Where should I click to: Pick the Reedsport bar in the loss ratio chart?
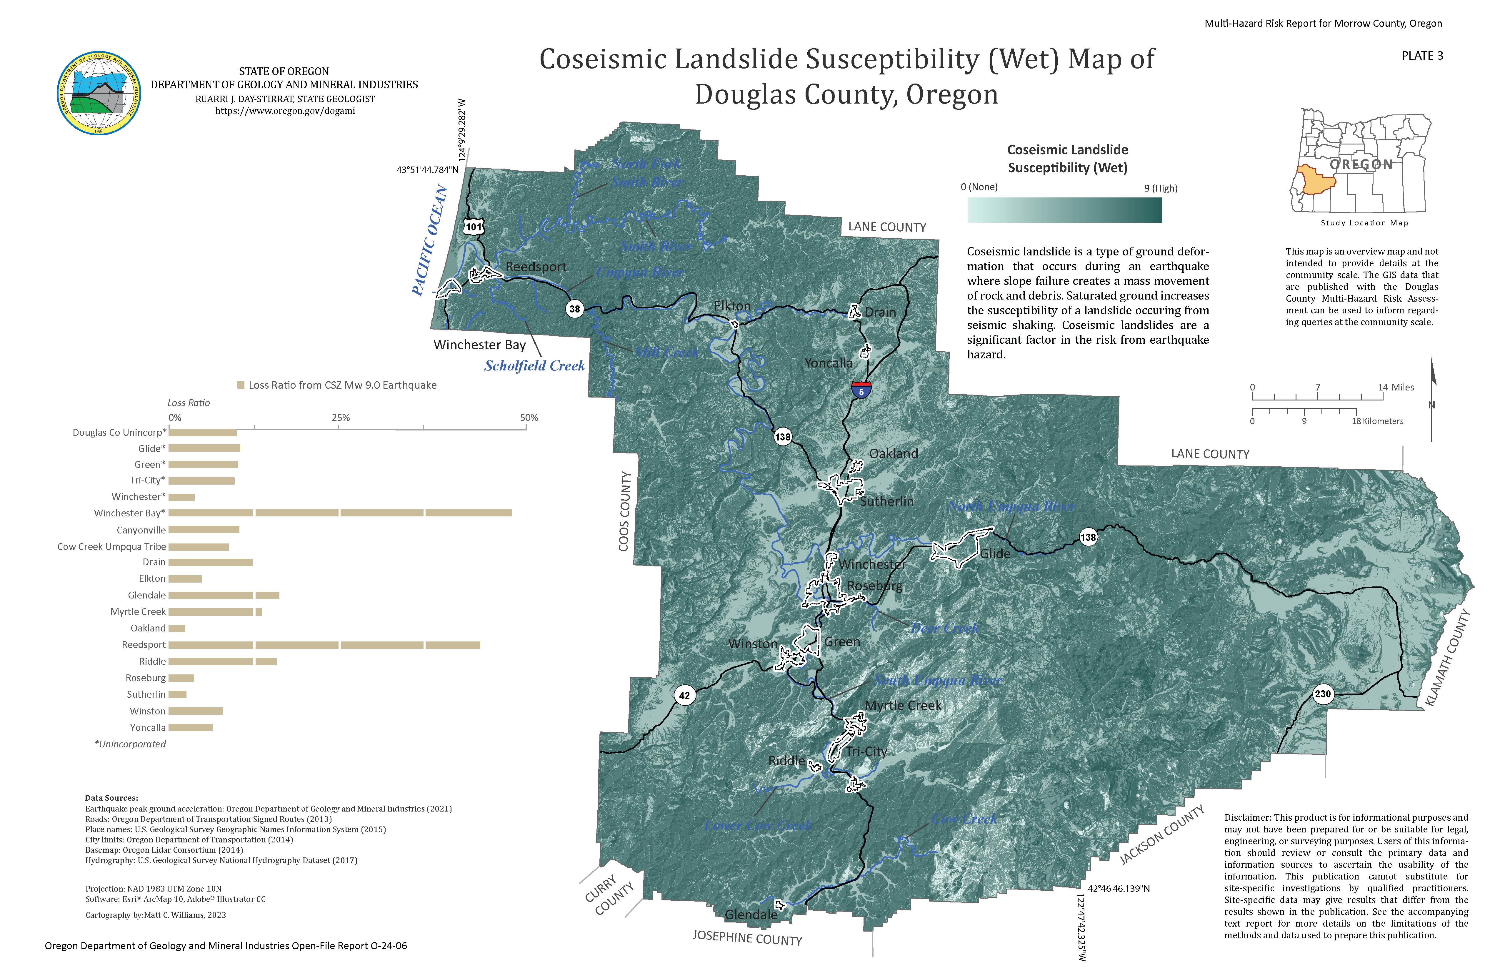(324, 645)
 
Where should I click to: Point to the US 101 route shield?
(474, 227)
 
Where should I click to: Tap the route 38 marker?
(574, 309)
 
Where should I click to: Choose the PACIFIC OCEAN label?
(430, 241)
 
